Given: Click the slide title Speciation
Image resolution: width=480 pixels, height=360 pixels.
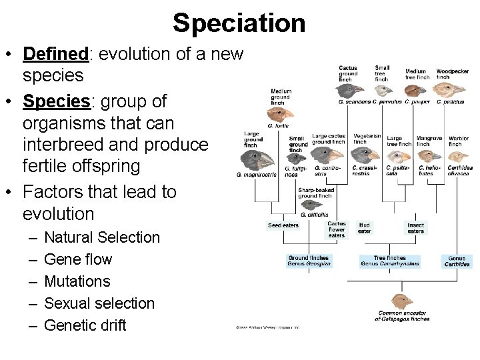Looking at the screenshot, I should pos(239,23).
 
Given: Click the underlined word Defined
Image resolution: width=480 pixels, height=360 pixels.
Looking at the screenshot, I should pos(55,53).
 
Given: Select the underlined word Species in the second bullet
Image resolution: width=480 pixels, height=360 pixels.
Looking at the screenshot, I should pos(57,101).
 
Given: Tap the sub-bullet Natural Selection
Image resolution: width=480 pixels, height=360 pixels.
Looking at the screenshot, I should pos(102,237).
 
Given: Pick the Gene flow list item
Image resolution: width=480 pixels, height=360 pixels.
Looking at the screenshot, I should pos(78,259).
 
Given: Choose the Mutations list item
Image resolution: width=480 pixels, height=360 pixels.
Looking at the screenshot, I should pos(77,281).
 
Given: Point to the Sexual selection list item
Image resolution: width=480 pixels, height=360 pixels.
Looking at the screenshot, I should pos(99,303).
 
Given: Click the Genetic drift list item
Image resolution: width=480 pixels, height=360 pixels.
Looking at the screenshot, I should pos(85,325).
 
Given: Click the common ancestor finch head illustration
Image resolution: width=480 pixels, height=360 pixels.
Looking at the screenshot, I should pos(402,301).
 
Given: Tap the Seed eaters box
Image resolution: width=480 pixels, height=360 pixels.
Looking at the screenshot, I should pos(283,226).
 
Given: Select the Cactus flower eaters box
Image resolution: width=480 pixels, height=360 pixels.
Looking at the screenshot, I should pos(337,229).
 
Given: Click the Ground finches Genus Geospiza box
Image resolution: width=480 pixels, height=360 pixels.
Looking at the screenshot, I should pos(309,261).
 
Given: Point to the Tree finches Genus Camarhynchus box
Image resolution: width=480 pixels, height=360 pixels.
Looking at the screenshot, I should pos(390,261).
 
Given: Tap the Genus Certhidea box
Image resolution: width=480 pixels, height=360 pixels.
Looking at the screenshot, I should pos(457,261).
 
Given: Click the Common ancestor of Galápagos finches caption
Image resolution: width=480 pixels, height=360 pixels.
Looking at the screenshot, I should pos(403,316).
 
